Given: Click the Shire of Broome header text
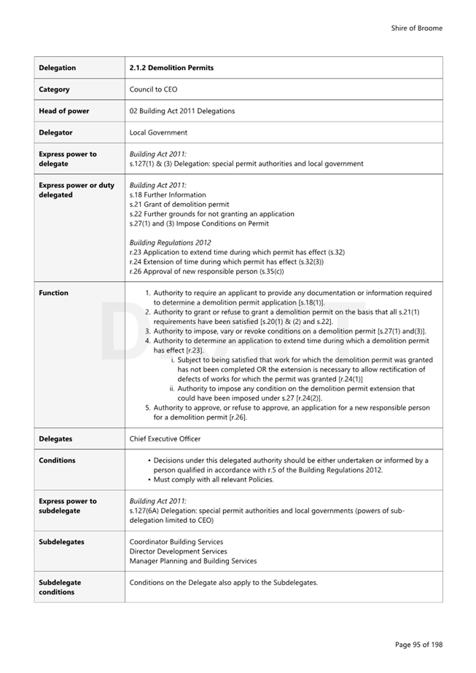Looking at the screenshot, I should tap(416, 28).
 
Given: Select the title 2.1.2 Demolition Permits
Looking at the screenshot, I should tap(171, 68).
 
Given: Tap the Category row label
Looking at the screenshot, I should tap(55, 90).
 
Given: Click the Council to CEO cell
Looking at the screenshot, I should tap(153, 90).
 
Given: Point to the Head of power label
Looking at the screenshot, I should tap(64, 111).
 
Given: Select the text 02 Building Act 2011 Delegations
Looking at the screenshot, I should tap(182, 111).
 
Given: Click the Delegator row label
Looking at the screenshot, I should tap(56, 133).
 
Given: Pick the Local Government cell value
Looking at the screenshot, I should tap(158, 133).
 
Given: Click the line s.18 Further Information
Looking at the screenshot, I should tap(168, 195).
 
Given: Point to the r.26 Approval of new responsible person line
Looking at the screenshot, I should tap(206, 271).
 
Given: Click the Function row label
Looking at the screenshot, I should tap(54, 293).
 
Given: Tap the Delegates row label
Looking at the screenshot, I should tap(55, 439).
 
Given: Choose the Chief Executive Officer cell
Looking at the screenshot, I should tap(165, 439).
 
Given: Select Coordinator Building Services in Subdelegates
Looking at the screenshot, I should tap(176, 542).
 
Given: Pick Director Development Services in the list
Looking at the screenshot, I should tap(178, 551).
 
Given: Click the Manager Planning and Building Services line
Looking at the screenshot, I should tap(193, 561).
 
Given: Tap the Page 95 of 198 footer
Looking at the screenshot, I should tap(418, 645).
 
